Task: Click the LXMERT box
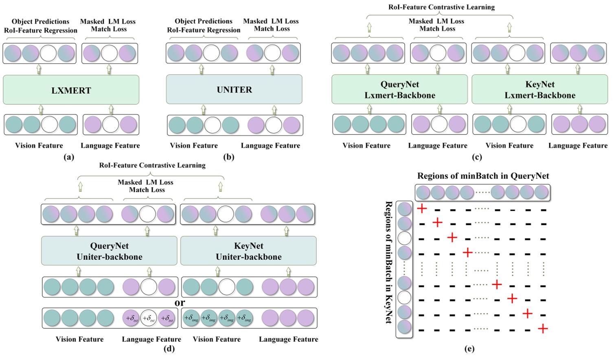(71, 90)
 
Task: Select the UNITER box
(234, 90)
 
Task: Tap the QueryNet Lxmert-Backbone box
(399, 90)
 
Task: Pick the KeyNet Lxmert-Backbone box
(539, 90)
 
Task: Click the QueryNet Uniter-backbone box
(109, 251)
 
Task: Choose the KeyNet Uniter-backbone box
(248, 251)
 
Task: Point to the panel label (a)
(69, 157)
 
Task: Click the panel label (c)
(477, 157)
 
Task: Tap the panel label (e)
(469, 349)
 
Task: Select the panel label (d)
(169, 349)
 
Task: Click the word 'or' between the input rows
(180, 303)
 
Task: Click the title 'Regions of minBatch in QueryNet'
(483, 176)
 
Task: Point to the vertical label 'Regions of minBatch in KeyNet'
(388, 262)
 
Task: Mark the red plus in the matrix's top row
(422, 209)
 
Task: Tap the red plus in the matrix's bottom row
(543, 329)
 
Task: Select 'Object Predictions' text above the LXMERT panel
(40, 22)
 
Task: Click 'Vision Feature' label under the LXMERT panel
(39, 145)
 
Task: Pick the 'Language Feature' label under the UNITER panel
(270, 145)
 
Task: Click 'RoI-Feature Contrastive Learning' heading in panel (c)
(441, 7)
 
